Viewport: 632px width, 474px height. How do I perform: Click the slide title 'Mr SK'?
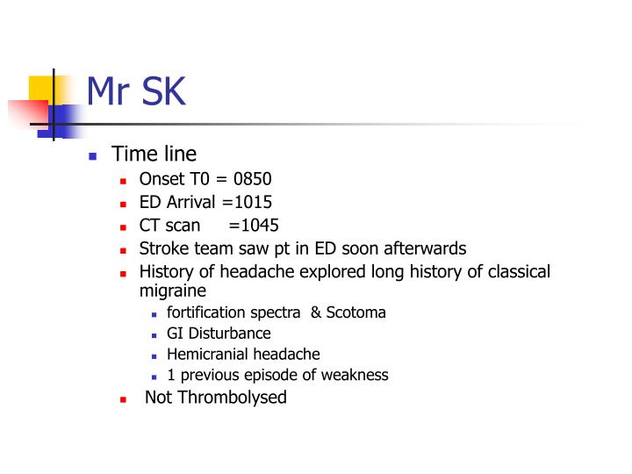click(x=136, y=90)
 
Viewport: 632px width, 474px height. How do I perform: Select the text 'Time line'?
click(x=154, y=154)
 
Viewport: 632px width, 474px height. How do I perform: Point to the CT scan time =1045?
click(x=253, y=225)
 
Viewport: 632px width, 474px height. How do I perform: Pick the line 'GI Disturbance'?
click(x=219, y=334)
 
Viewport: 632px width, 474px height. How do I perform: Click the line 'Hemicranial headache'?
click(x=243, y=355)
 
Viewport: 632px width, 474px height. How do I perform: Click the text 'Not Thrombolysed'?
click(x=216, y=398)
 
